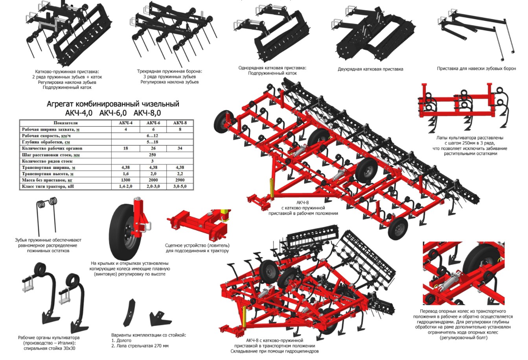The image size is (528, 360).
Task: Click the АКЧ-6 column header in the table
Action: click(x=153, y=123)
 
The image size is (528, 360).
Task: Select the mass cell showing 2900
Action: click(x=180, y=180)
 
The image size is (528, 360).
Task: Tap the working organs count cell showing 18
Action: click(x=126, y=148)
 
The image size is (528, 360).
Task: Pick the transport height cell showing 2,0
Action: click(x=153, y=174)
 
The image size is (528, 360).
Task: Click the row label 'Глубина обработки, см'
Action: click(x=46, y=142)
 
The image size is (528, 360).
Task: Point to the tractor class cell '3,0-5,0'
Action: click(x=180, y=186)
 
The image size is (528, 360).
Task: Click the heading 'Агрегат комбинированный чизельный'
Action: click(x=113, y=104)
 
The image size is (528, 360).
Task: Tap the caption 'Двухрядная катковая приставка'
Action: click(x=370, y=69)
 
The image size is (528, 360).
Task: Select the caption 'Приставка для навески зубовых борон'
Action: click(x=476, y=68)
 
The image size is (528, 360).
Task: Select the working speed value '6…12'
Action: click(x=153, y=136)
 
